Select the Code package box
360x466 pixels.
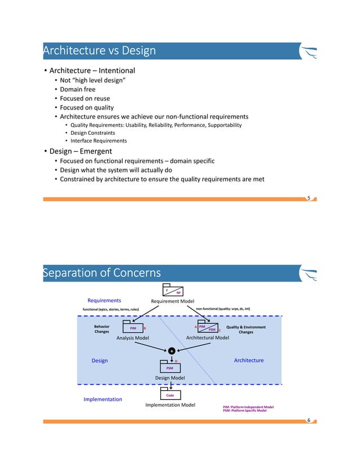[x=170, y=395]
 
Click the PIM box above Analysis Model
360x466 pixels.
[x=133, y=328]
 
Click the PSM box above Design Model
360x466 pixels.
[x=170, y=367]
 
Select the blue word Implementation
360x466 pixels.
[x=103, y=399]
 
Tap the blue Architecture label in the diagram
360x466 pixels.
[x=248, y=360]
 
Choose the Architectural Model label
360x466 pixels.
[x=207, y=337]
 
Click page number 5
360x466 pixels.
[x=309, y=197]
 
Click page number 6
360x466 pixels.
[x=309, y=420]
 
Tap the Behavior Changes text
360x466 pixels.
[x=102, y=329]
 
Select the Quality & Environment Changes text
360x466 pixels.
[x=245, y=329]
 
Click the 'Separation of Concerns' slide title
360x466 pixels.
[x=102, y=274]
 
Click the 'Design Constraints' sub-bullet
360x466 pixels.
[x=93, y=133]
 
